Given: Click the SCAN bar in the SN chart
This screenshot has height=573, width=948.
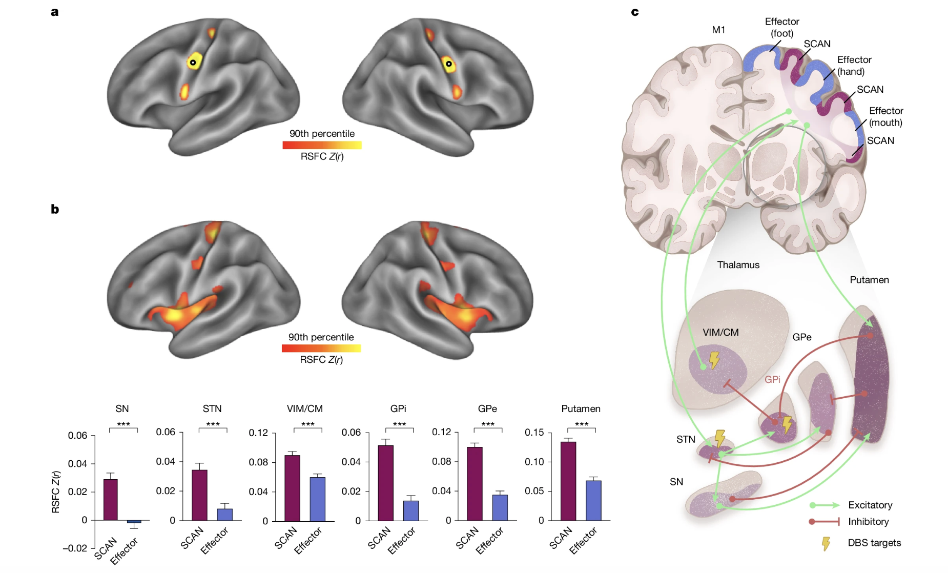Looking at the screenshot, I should [110, 500].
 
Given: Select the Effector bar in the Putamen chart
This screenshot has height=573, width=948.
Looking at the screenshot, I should [593, 500].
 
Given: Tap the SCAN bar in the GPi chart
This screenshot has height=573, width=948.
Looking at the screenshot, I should [385, 483].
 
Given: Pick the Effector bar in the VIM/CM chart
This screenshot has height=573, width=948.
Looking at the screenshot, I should [317, 499].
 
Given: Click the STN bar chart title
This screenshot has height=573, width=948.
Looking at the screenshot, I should [212, 408].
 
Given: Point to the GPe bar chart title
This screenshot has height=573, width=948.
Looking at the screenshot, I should [487, 408].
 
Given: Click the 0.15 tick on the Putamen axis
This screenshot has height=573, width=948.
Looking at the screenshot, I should [534, 432].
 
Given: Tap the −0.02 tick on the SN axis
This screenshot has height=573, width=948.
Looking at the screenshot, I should [75, 548].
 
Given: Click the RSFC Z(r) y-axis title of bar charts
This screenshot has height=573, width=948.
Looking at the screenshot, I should [55, 492].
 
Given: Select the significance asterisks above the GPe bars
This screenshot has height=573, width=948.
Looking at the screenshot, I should [488, 424].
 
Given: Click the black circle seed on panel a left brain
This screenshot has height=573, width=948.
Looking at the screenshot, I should [193, 63].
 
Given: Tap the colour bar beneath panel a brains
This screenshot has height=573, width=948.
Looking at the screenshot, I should [322, 145].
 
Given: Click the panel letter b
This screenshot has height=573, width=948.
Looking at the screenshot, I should [55, 209].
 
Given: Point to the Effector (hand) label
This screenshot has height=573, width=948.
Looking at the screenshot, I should [854, 66].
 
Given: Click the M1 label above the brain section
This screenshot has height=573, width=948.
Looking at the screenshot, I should [718, 30].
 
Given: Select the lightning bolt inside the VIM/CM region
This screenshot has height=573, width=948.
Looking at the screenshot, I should [714, 360].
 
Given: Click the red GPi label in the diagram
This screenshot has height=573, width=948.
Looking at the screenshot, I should [772, 379].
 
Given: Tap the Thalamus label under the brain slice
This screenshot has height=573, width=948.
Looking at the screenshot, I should [738, 264].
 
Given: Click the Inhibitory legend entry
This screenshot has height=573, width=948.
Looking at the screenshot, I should [868, 521].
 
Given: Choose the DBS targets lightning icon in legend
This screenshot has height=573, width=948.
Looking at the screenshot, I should [826, 543].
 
